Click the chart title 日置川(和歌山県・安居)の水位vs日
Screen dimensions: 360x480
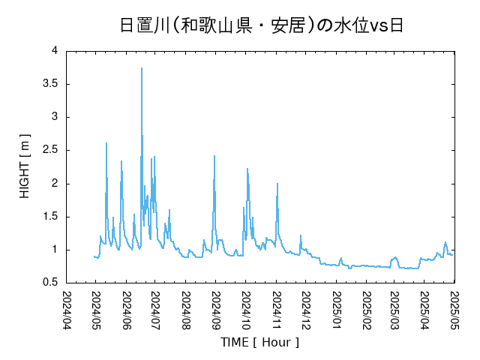point(262,25)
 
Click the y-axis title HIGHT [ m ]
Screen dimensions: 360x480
point(25,166)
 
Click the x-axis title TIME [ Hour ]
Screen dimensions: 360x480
point(259,342)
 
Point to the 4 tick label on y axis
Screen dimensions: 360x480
point(55,51)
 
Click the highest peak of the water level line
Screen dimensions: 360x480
point(142,68)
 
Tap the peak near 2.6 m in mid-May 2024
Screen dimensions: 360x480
point(106,143)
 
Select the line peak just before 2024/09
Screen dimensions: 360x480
point(214,156)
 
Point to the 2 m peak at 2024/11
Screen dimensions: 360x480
point(277,184)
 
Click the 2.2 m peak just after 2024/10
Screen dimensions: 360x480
point(247,169)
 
